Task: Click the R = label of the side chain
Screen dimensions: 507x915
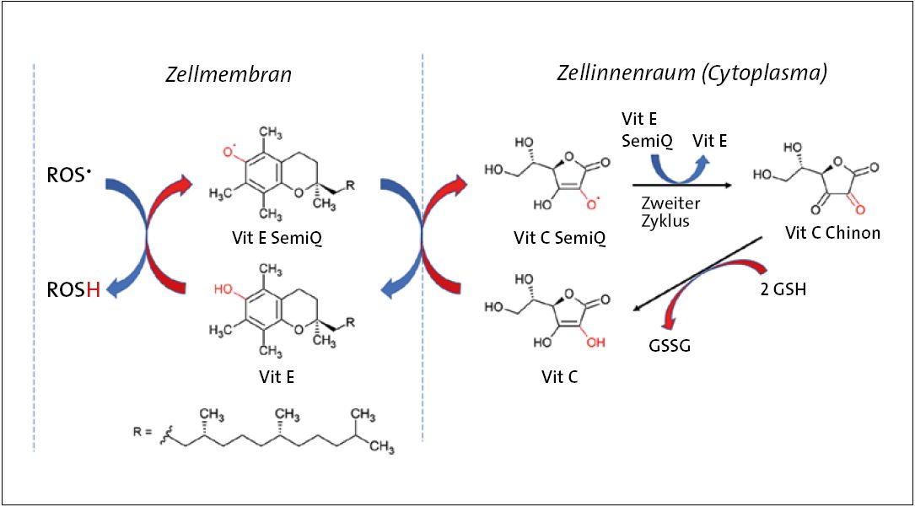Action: point(146,433)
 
